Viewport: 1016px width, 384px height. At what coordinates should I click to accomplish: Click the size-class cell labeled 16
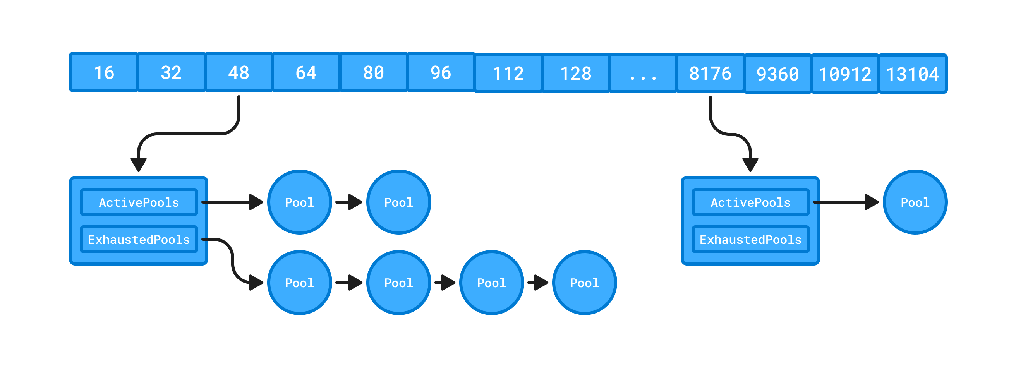[x=104, y=72]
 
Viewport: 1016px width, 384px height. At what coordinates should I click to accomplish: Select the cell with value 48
[x=239, y=72]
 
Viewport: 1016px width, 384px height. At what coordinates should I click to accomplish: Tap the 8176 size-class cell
[x=710, y=73]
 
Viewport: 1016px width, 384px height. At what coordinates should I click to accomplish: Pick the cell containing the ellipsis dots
[x=643, y=73]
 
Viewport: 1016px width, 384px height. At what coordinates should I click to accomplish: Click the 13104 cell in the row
[x=912, y=74]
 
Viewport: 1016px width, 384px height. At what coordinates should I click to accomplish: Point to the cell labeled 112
[x=508, y=73]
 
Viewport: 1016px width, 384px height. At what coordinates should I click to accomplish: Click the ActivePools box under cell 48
[x=139, y=202]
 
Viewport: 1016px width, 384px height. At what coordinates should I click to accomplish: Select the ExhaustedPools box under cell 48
[x=139, y=239]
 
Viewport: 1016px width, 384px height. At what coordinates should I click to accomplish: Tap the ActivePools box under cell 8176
[x=750, y=202]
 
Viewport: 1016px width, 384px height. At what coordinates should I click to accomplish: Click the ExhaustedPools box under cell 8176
[x=750, y=239]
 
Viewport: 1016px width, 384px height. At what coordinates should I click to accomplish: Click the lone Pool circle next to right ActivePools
[x=915, y=202]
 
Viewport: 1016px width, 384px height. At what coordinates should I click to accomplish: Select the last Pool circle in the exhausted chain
[x=584, y=283]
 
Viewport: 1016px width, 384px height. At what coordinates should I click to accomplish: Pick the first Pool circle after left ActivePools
[x=299, y=202]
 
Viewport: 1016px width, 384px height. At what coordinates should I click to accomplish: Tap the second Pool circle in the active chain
[x=398, y=202]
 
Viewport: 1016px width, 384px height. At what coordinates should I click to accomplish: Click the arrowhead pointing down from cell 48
[x=139, y=163]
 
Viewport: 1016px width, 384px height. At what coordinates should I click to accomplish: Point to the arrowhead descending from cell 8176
[x=750, y=163]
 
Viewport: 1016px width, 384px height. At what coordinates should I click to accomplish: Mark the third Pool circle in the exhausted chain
[x=491, y=283]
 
